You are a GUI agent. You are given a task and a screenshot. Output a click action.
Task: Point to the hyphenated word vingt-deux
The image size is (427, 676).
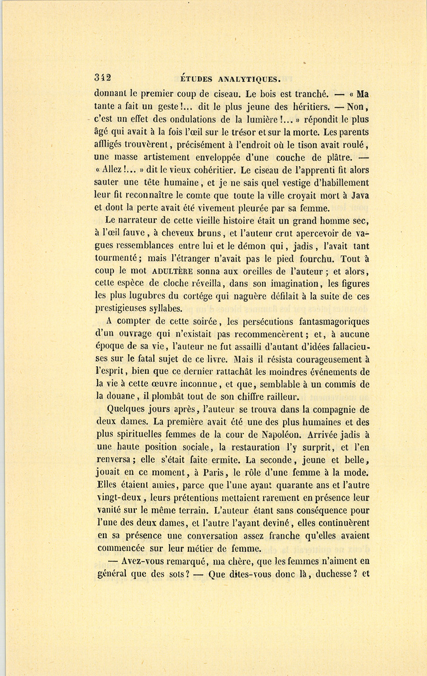coord(120,498)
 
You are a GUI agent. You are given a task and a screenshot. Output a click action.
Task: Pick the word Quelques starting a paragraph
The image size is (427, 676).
coord(126,410)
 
